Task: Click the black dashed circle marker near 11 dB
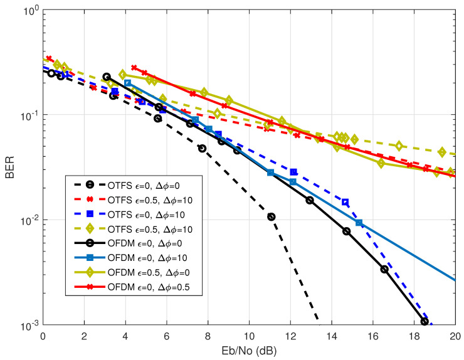272,216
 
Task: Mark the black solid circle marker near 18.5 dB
424,322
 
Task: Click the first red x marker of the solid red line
134,67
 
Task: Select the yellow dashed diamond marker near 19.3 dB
442,152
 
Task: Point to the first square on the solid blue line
127,83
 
